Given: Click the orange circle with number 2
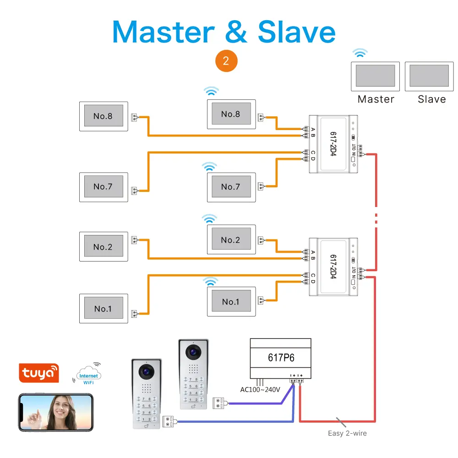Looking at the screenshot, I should (x=226, y=61).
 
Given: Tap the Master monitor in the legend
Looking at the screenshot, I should (x=376, y=76).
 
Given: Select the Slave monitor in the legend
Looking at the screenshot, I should (x=429, y=76).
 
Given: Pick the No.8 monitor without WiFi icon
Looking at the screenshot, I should (x=103, y=116).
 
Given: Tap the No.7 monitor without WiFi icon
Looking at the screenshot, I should (x=103, y=187).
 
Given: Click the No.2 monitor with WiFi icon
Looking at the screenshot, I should (x=230, y=240).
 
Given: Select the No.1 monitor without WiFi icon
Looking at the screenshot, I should (x=103, y=309).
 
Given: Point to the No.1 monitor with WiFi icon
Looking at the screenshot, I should (x=230, y=302).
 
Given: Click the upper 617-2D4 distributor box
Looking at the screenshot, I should (x=333, y=144).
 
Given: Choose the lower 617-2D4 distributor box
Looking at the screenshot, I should (x=333, y=267).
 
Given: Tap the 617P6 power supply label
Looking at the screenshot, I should (x=280, y=357).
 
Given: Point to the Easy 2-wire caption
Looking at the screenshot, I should (x=347, y=433).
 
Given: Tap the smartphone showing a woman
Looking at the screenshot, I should (x=55, y=412).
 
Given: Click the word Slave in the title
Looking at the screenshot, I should (x=296, y=32).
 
